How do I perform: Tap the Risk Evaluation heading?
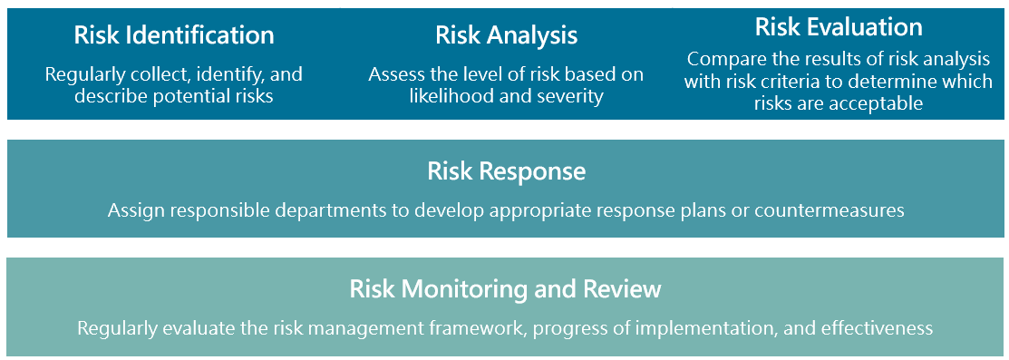coord(839,27)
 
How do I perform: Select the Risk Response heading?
coord(507,171)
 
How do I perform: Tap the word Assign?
coord(133,210)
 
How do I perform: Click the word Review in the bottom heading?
coord(622,289)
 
